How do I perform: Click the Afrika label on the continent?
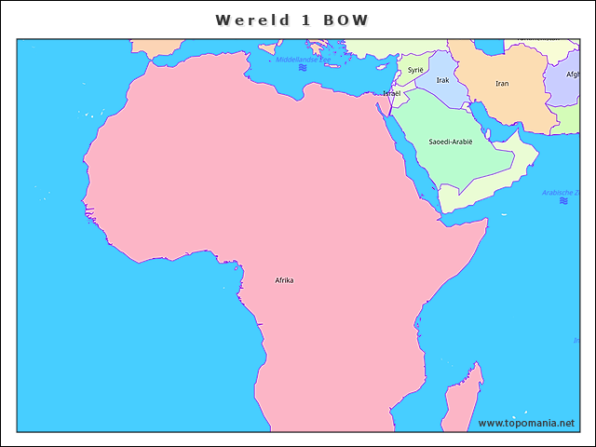[x=284, y=280]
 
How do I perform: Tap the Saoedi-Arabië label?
[x=451, y=142]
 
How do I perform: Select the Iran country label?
[x=502, y=84]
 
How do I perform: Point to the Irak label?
[x=442, y=81]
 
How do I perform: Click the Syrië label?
[x=415, y=70]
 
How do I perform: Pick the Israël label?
[x=392, y=94]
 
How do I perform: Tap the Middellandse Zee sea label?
[x=303, y=60]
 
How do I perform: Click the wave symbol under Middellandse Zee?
[x=303, y=68]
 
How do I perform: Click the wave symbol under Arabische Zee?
[x=563, y=201]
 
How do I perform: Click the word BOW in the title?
[x=345, y=20]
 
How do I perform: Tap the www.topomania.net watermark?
[x=526, y=423]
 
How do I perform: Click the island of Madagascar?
[x=461, y=400]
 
